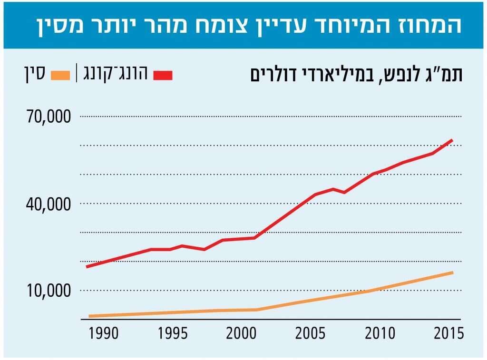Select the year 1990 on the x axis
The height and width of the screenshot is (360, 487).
pyautogui.click(x=104, y=333)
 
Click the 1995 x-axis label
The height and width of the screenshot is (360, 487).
pyautogui.click(x=173, y=333)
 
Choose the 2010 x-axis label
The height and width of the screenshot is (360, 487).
pyautogui.click(x=380, y=333)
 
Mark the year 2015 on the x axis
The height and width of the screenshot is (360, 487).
pyautogui.click(x=448, y=333)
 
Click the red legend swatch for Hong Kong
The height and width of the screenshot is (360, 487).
pyautogui.click(x=163, y=75)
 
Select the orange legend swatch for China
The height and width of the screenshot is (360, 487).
pyautogui.click(x=59, y=75)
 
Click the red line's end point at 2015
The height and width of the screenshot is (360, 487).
pyautogui.click(x=451, y=140)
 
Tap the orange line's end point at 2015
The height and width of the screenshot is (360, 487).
pyautogui.click(x=452, y=273)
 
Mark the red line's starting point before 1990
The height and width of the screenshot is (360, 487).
pyautogui.click(x=87, y=266)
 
